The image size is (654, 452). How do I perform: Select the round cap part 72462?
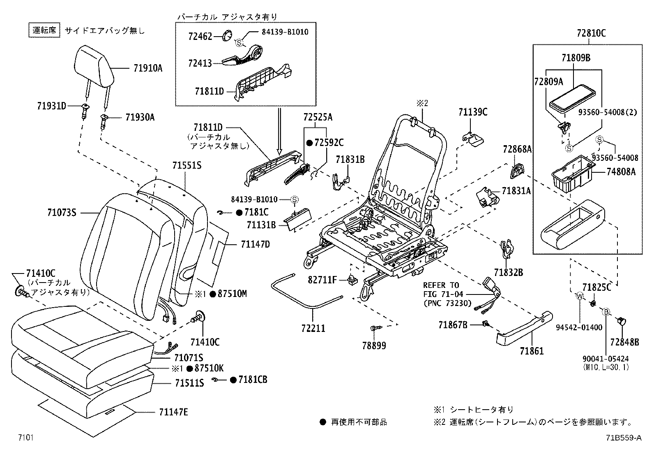227,36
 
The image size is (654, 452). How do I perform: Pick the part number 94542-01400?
579,327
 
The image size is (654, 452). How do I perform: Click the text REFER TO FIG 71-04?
442,289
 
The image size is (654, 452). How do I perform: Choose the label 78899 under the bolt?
374,345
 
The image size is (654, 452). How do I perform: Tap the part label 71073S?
62,213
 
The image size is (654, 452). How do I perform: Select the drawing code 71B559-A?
623,438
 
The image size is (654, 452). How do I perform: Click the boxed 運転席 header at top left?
44,30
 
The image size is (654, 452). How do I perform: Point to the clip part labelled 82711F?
352,280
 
